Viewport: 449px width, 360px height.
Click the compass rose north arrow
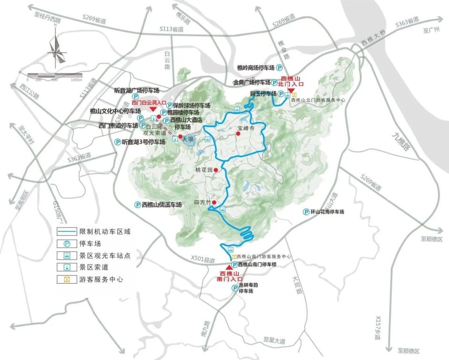coord(55,49)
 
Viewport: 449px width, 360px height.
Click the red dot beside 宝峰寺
coord(238,134)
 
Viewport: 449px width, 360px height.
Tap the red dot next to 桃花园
coord(216,170)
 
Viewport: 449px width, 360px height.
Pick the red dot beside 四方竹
coord(214,202)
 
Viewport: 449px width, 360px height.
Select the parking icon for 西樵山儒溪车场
coord(138,204)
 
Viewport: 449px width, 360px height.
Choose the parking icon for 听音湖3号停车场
coord(117,142)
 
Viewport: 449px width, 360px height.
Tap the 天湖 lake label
coord(188,139)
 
